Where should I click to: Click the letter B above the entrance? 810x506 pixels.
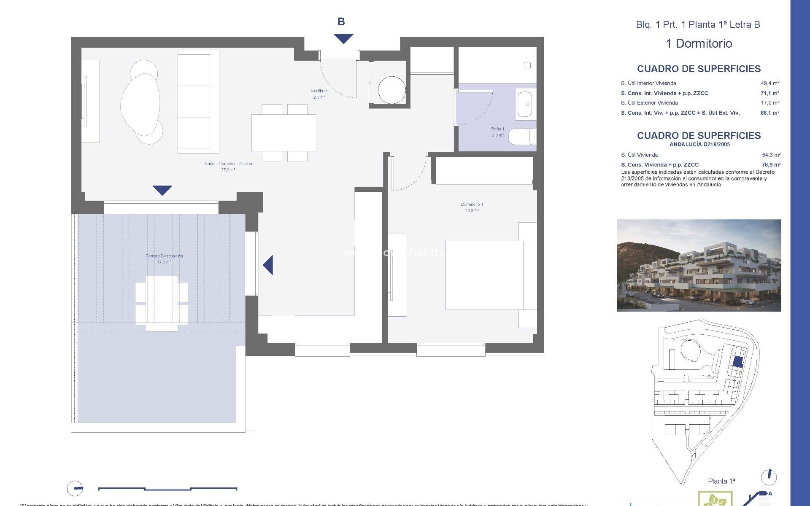[x=341, y=22]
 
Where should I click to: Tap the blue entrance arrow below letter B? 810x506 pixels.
[x=343, y=39]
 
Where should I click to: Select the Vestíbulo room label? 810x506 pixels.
[x=319, y=94]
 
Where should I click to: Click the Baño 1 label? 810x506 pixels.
[x=497, y=132]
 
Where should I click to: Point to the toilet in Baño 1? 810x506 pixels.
[x=522, y=137]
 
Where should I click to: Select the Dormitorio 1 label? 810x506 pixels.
[x=472, y=207]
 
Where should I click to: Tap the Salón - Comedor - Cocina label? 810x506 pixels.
[x=228, y=166]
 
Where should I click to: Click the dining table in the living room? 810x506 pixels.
[x=283, y=132]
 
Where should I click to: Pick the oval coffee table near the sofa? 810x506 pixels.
[x=140, y=104]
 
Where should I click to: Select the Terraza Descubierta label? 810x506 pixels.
[x=164, y=258]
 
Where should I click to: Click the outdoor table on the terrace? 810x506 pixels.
[x=162, y=303]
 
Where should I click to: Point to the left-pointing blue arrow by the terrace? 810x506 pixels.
[x=268, y=265]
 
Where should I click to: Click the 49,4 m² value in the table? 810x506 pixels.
[x=770, y=83]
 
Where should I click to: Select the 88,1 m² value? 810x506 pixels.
[x=770, y=113]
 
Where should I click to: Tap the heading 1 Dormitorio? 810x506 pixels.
[x=699, y=43]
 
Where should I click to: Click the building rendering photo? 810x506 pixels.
[x=699, y=265]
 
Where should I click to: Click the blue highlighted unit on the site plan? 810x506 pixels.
[x=738, y=362]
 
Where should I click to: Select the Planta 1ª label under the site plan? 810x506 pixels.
[x=721, y=481]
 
